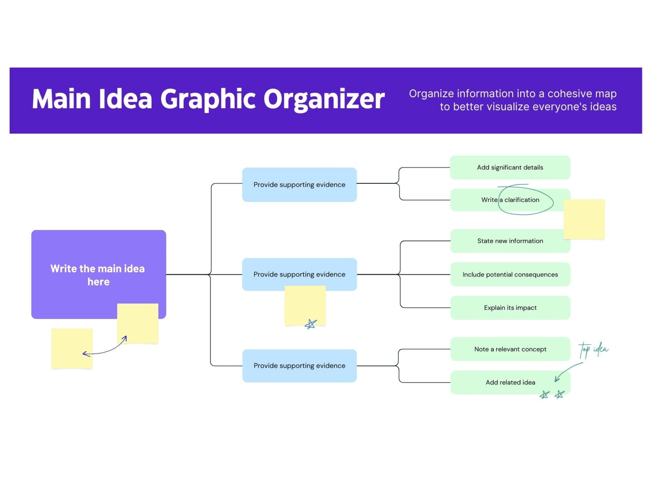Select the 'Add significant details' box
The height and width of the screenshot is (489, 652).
(x=510, y=167)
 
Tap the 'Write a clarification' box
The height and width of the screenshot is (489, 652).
(x=510, y=200)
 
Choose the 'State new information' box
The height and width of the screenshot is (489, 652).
(x=510, y=241)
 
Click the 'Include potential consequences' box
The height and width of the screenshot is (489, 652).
(x=510, y=274)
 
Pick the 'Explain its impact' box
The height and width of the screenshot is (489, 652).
(x=510, y=308)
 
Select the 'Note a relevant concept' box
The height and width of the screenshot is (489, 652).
(x=510, y=349)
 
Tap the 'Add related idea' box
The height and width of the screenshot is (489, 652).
(x=510, y=382)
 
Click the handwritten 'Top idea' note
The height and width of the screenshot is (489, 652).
(x=593, y=350)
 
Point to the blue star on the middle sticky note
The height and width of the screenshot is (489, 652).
(x=311, y=324)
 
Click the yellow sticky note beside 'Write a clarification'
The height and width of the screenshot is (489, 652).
(x=584, y=219)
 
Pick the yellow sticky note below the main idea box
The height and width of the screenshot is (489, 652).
(x=72, y=349)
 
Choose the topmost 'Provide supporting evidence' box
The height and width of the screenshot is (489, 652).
(x=299, y=185)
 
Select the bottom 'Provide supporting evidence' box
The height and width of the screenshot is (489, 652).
(x=299, y=366)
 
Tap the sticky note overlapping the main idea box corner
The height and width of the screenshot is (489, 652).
(x=138, y=323)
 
